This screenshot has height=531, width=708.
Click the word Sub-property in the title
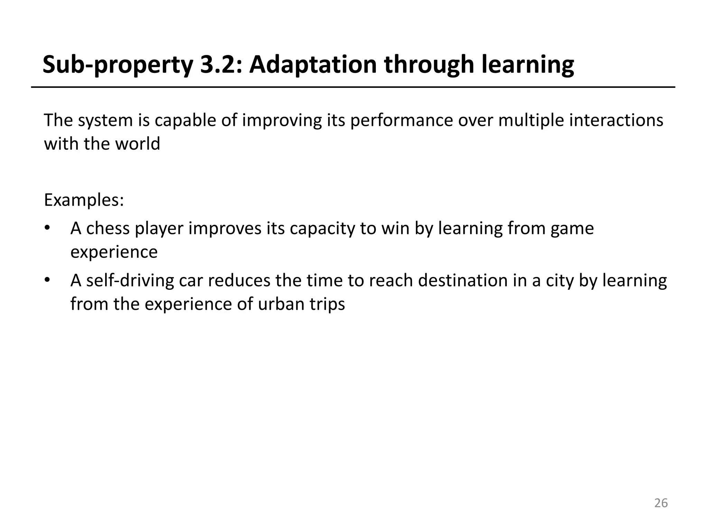[x=118, y=65]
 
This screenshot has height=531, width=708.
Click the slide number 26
[x=661, y=503]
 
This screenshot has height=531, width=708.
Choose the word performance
[x=401, y=121]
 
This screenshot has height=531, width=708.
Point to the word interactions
[x=616, y=120]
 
